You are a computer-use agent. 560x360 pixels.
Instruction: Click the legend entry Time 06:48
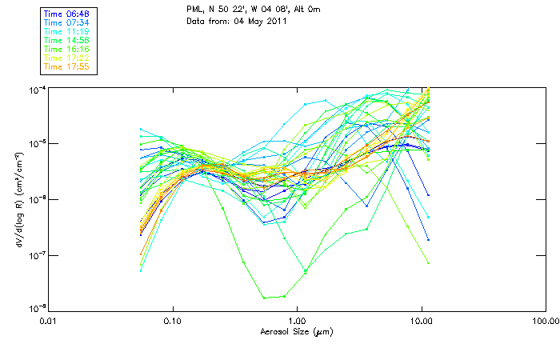[x=67, y=14]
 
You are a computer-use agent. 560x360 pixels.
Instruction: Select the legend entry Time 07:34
[x=67, y=22]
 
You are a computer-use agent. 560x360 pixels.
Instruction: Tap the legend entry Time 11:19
[x=67, y=31]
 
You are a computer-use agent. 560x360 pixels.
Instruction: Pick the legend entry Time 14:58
[x=67, y=40]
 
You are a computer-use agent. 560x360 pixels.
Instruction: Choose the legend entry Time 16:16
[x=67, y=49]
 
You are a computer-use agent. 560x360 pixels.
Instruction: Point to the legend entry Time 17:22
[x=67, y=58]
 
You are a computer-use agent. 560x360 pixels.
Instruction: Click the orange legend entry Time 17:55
[x=67, y=66]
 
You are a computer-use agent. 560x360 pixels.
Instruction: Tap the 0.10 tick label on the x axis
[x=172, y=320]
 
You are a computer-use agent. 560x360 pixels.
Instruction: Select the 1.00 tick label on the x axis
[x=297, y=320]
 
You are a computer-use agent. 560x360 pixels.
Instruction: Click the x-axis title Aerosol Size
[x=296, y=330]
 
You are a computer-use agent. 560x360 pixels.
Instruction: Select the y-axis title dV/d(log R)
[x=20, y=198]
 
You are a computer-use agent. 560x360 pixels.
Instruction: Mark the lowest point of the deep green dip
[x=265, y=298]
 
